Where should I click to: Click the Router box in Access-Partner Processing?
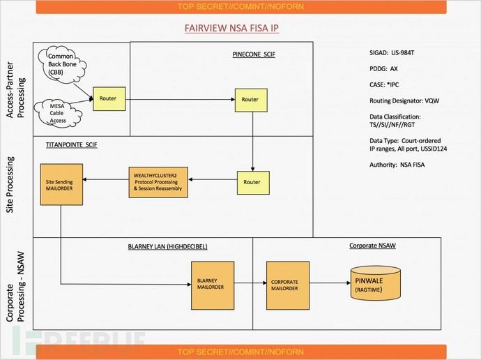pyautogui.click(x=108, y=99)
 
